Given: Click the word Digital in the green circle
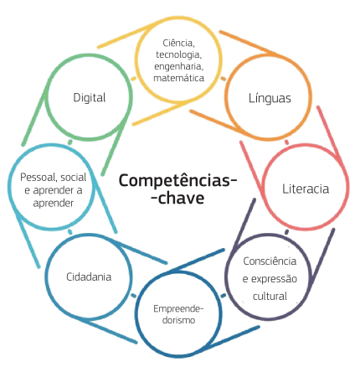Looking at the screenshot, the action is coord(90,98).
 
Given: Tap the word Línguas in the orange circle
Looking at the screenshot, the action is coord(270,98).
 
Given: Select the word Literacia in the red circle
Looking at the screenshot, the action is coord(306,189).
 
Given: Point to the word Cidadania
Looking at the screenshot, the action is coord(89,277).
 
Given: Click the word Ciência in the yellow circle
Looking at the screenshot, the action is coord(178,44).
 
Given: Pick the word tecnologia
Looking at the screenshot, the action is coord(178,54).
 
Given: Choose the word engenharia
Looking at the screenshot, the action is coord(178,66).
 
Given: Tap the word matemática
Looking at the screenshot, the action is coord(178,78).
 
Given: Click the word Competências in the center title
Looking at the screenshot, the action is coord(178,180).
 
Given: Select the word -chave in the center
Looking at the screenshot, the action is coord(177,199).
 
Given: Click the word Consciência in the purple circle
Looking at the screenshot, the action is coord(270,261).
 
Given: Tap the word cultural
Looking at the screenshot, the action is coord(270,297).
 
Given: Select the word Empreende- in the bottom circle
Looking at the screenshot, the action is coord(178,309).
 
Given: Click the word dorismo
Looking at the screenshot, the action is coord(178,320).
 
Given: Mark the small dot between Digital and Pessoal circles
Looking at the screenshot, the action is coord(70,142).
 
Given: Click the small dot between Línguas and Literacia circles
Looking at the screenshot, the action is coord(286,142).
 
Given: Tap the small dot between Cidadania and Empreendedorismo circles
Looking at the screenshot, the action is coord(134,296).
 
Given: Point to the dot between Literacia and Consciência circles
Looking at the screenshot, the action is coord(287,232).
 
